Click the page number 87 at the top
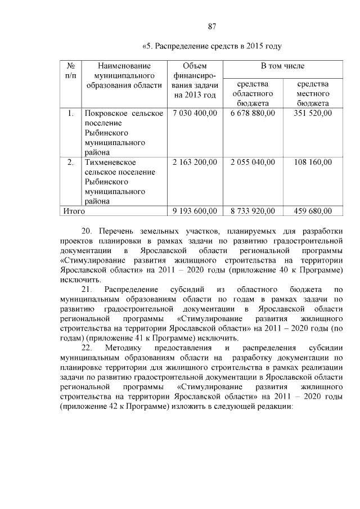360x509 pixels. point(212,26)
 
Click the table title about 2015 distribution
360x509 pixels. point(212,46)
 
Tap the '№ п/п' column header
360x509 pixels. point(71,71)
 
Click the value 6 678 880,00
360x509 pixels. point(253,114)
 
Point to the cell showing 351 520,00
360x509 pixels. point(313,114)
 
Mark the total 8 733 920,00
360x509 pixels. point(253,211)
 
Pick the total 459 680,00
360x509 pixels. point(313,211)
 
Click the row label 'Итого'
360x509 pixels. point(74,211)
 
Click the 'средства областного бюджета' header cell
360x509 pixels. point(253,94)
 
